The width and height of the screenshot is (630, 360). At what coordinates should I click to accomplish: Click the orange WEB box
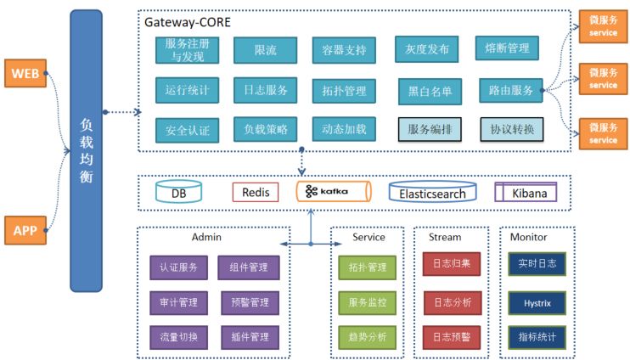25,73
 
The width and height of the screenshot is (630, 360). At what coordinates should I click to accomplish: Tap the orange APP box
25,230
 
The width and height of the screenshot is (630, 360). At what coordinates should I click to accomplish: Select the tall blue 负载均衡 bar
86,150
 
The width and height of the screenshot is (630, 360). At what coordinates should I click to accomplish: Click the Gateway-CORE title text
188,22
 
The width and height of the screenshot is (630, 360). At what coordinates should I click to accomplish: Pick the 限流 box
265,50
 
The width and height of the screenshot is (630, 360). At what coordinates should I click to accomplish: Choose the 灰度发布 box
427,49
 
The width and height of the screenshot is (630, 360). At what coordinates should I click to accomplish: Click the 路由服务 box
510,90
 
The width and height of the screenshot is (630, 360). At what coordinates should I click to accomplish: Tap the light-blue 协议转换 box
512,129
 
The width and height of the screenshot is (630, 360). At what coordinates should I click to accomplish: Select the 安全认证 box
188,130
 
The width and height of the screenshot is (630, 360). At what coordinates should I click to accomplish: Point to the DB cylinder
179,191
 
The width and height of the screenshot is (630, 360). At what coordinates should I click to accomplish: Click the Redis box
256,193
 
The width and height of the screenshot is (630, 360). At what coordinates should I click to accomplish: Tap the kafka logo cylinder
334,191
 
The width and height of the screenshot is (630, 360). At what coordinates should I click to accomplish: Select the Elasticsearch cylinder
433,192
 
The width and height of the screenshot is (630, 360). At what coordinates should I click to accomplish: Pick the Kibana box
526,192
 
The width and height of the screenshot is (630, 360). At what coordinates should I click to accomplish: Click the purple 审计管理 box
179,302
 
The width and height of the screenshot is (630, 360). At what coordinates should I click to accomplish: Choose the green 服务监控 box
368,302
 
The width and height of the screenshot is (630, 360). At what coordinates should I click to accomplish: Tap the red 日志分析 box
453,302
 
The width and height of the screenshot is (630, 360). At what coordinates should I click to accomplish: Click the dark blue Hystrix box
537,303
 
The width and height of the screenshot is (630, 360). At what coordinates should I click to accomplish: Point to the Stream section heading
445,237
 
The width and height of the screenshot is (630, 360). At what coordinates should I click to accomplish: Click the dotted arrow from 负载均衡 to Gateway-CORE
122,112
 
